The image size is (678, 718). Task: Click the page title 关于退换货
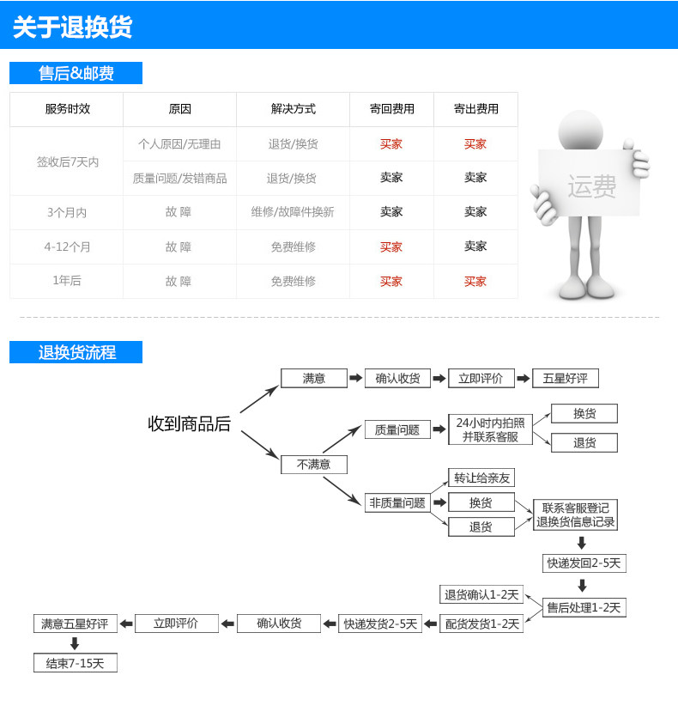coord(73,27)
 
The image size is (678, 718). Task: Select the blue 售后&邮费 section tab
coord(76,74)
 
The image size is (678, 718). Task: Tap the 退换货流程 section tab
coord(76,352)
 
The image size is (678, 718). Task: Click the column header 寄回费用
coord(391,109)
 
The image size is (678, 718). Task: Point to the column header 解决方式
coord(293,109)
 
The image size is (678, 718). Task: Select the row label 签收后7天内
coord(67,161)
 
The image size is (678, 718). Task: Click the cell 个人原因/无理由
coord(179,144)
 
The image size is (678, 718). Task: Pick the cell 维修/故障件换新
coord(293,212)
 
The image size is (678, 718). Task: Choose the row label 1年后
coord(67,281)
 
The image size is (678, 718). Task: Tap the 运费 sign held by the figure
coord(590,185)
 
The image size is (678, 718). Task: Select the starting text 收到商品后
coord(189,423)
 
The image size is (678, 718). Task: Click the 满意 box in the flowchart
coord(314,378)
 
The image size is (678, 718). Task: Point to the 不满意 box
coord(314,465)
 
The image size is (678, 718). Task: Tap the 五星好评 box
coord(565,378)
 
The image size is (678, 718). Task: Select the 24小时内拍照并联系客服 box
coord(490,429)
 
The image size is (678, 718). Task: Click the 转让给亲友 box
coord(481,478)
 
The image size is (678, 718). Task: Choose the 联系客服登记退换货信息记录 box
coord(575,515)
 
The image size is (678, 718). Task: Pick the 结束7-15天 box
coord(76,663)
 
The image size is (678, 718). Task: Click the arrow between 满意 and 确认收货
coord(355,378)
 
